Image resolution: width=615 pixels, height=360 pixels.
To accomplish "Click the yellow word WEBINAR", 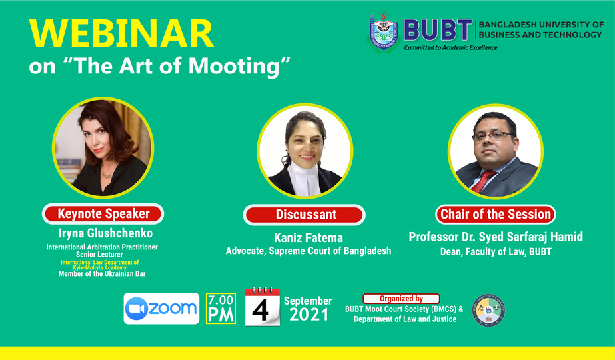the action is coord(121,34).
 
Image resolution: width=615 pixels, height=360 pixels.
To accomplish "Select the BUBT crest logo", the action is coord(383,32).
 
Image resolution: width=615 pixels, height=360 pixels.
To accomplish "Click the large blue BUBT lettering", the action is coord(438,30).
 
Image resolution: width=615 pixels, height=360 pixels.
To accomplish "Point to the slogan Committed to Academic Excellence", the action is coord(451,48).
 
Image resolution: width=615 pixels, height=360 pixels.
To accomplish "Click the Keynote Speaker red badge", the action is coord(103,214).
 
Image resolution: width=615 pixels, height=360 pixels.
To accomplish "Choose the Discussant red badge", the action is coord(304,215).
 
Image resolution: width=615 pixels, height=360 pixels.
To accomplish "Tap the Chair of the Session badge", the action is coord(496,214).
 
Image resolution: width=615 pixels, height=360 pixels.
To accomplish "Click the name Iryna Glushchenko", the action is coord(105,233).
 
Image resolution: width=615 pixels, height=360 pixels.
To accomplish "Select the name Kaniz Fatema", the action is coord(308,237).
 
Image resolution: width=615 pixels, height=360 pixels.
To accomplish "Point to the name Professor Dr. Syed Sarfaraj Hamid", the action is coord(496,237).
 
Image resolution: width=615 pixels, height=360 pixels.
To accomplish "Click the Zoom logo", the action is coord(161,308).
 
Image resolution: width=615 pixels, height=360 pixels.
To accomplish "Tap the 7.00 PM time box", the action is coord(221,308).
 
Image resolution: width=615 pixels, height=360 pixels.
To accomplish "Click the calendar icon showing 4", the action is coord(262,307).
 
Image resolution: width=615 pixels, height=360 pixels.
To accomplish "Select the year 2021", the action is coord(309,315).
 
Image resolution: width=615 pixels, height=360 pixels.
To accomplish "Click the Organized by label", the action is coord(401,299).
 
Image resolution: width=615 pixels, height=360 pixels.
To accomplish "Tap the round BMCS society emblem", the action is coord(488,310).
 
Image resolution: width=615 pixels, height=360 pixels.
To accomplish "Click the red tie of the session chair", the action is coord(483,181).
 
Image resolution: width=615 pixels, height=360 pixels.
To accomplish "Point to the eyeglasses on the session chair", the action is coord(494,136).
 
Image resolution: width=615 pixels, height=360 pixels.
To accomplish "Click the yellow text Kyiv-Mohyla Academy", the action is coord(99,268).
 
